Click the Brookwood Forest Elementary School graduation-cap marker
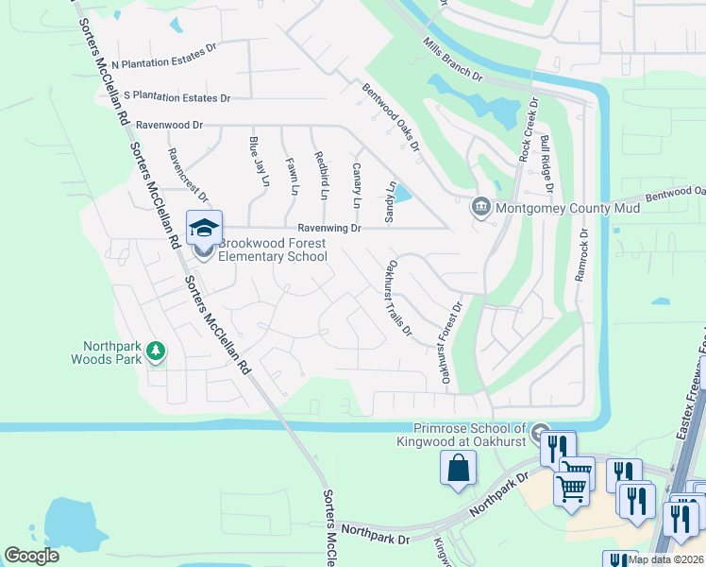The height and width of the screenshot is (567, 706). (204, 228)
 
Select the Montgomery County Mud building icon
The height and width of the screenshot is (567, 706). (480, 206)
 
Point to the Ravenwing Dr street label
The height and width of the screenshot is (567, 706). (329, 228)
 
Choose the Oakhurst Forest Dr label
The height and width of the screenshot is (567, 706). (449, 342)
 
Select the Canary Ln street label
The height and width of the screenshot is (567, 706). (357, 185)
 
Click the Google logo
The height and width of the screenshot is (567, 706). (31, 556)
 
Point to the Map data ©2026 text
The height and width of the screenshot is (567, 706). (664, 559)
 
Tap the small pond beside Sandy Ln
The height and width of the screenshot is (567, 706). (402, 194)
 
